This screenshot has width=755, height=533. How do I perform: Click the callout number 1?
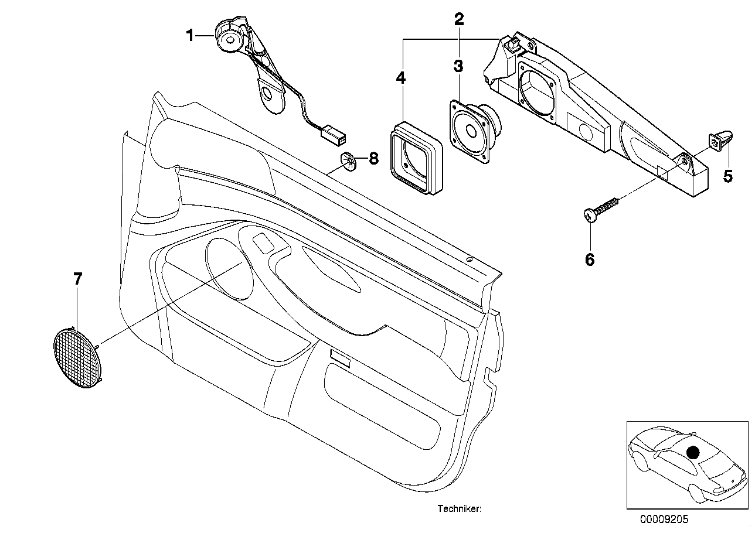[189, 36]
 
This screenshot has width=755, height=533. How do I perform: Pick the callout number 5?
[727, 176]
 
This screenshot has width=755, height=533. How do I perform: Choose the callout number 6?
[590, 259]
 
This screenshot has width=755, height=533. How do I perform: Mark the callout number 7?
[77, 279]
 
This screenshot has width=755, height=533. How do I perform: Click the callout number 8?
[373, 159]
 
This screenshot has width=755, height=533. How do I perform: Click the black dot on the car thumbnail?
[693, 452]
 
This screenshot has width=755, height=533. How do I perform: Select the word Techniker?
[459, 510]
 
